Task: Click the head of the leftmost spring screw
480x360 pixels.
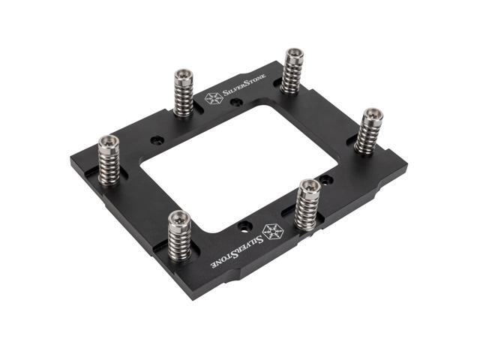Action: pyautogui.click(x=109, y=141)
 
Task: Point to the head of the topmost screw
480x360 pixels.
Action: pyautogui.click(x=293, y=55)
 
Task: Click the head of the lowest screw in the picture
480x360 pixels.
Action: pyautogui.click(x=178, y=218)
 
